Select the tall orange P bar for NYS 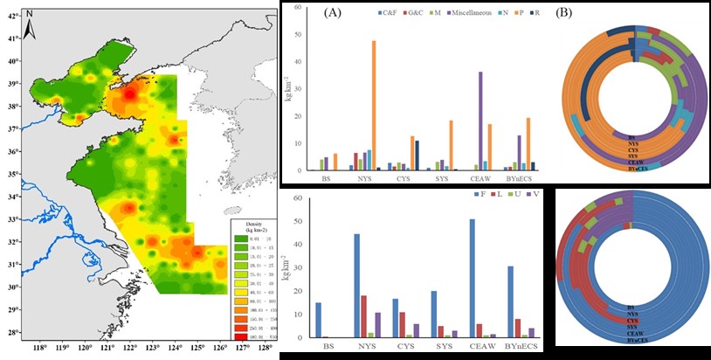(x=375, y=105)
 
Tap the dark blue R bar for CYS (x=418, y=155)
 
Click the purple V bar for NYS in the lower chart (x=376, y=325)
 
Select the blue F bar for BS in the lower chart (x=318, y=320)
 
